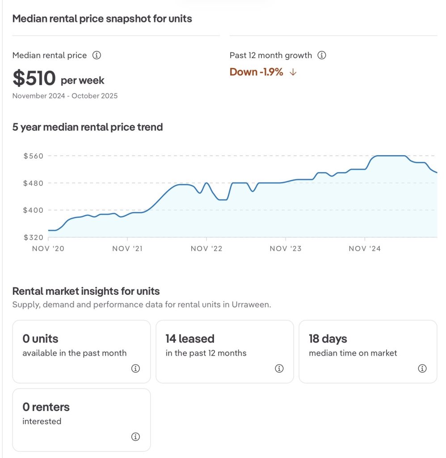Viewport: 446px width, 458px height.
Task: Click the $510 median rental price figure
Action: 34,78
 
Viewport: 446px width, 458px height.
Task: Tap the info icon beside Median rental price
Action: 97,55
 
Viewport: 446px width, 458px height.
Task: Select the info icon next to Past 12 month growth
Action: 321,55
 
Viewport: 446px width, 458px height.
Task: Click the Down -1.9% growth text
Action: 256,72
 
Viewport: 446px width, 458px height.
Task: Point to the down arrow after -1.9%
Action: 293,72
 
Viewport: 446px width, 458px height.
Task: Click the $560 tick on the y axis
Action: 34,156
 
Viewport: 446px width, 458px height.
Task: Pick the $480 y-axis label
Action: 34,183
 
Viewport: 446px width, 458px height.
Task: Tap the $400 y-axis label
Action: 34,210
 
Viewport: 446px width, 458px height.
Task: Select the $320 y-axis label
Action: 34,237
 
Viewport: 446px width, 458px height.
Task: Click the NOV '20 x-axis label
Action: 48,249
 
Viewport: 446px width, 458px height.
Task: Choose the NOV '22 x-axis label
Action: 206,249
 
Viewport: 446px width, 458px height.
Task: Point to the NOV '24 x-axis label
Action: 365,249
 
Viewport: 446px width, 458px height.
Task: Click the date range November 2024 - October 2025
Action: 65,96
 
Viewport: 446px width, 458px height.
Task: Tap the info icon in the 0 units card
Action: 136,369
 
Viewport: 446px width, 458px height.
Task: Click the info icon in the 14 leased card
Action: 279,369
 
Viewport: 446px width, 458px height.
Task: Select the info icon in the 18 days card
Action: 422,369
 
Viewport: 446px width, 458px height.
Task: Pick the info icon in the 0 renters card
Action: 136,437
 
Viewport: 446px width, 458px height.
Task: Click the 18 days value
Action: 328,339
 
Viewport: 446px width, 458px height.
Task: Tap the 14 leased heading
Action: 190,339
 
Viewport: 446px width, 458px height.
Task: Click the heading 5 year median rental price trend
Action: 88,127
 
